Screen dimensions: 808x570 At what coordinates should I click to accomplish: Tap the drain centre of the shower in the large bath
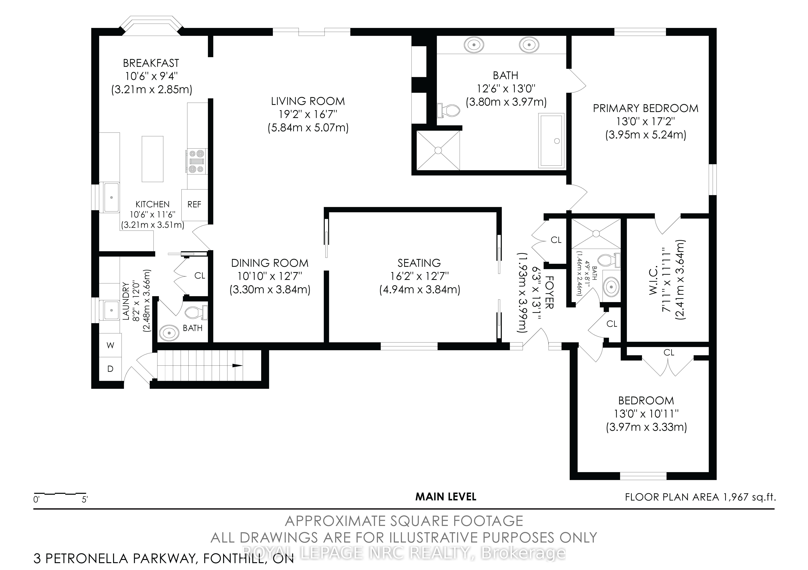[x=438, y=150]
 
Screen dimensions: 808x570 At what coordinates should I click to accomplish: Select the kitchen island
[x=152, y=159]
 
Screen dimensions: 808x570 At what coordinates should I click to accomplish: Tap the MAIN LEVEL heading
[x=446, y=497]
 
